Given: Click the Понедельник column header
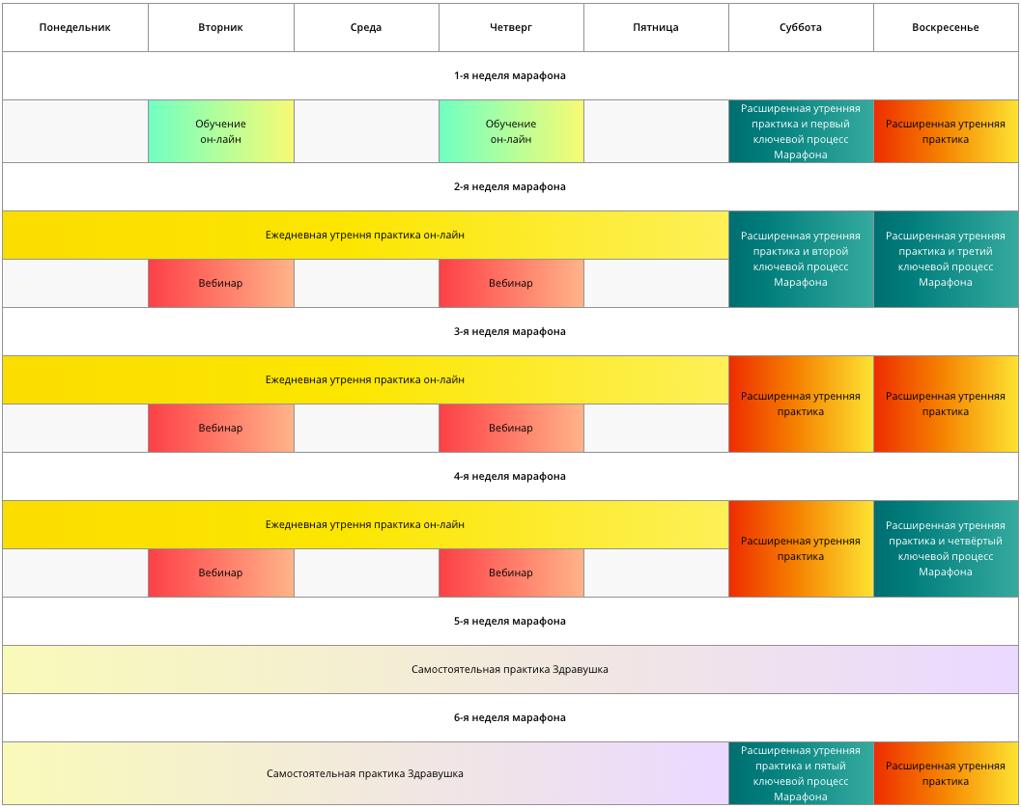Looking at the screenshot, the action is (x=75, y=27).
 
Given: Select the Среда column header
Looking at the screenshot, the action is (x=366, y=27).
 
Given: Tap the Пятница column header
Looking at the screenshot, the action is (x=656, y=27).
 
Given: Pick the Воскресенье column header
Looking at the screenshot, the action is (x=946, y=27).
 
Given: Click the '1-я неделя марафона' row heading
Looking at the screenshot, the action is (x=510, y=75).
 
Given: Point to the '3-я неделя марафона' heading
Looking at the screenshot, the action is (x=510, y=331).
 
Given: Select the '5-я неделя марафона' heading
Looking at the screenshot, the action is (x=510, y=621).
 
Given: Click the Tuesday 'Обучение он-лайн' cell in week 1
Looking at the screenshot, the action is (x=221, y=131).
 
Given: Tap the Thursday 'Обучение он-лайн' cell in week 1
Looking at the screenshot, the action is (x=511, y=131).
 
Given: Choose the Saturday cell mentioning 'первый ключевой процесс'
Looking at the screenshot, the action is (x=801, y=131).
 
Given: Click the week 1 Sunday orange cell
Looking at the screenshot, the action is (x=946, y=131).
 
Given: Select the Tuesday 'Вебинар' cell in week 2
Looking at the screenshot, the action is (x=221, y=283).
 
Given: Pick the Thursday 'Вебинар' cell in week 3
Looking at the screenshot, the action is (x=511, y=429).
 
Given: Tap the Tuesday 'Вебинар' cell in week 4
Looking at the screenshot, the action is (x=221, y=572).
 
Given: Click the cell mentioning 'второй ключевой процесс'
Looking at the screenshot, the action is (x=801, y=259).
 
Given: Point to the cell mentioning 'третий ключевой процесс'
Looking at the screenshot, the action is (x=946, y=259).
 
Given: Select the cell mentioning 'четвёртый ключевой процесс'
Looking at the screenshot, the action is (x=946, y=548).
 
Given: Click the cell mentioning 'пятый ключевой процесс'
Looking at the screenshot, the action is (x=801, y=773).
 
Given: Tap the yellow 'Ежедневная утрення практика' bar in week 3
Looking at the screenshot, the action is (x=365, y=380).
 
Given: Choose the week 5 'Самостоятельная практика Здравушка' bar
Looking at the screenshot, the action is (x=510, y=669).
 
